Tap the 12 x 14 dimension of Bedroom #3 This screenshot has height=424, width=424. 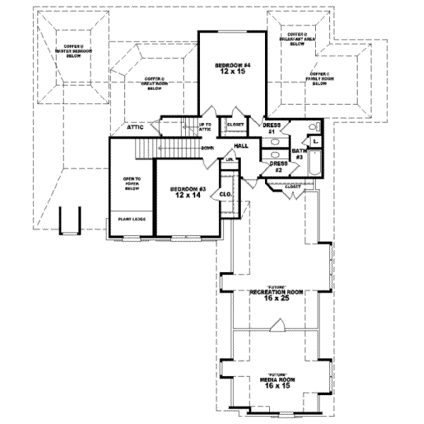(187, 195)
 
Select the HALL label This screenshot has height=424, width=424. (241, 146)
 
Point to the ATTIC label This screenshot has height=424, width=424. (136, 128)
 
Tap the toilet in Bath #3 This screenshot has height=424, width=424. (316, 126)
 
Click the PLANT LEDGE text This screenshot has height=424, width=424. (131, 219)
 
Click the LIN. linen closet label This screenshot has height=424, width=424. (230, 160)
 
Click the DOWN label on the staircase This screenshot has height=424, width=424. (207, 148)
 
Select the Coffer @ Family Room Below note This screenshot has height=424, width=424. (320, 78)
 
